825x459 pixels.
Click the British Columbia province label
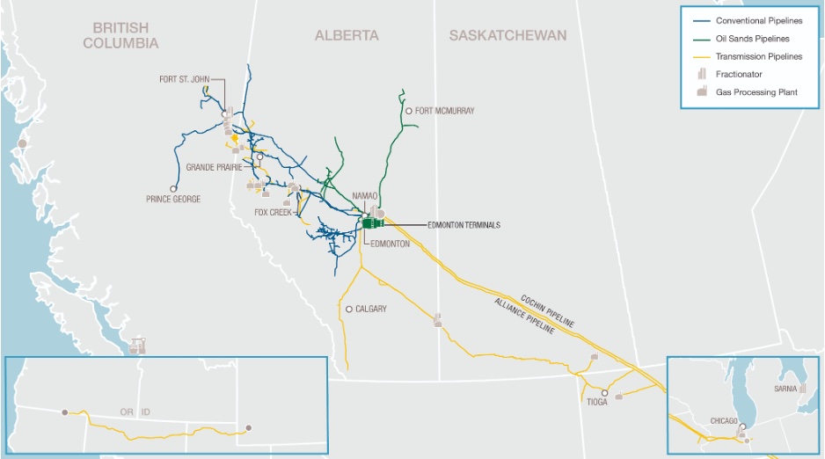pos(120,35)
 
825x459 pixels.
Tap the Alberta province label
pos(347,35)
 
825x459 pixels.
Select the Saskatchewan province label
pos(507,35)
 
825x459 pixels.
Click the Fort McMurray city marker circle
pos(409,111)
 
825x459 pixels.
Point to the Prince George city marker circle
pos(173,188)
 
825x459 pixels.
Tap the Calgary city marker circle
pos(349,309)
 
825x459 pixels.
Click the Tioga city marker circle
pos(605,392)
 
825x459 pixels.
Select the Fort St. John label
pos(186,79)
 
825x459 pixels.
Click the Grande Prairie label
pos(215,166)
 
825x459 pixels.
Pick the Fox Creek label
pos(272,212)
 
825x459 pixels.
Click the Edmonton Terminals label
pos(463,225)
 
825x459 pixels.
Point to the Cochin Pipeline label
pos(547,310)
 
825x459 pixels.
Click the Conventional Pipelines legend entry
pos(759,20)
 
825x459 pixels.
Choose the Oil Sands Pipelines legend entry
pos(753,39)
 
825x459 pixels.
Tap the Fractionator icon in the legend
pos(701,75)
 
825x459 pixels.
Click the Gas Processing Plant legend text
pos(759,92)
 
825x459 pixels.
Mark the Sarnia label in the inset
pos(786,388)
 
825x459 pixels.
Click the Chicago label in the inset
pos(724,421)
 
